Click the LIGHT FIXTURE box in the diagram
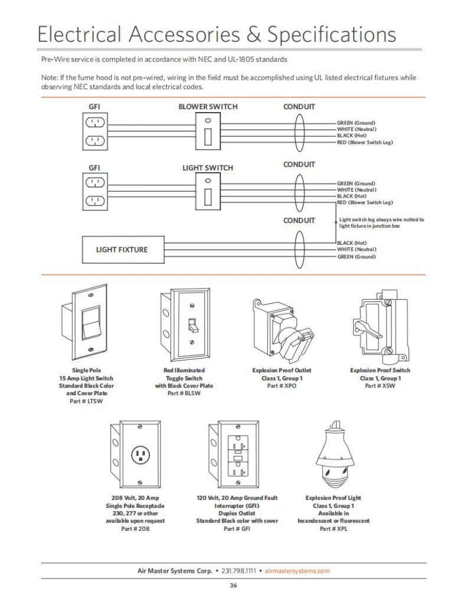122,250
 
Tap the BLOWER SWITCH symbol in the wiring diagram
208,130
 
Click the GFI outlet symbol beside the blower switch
95,132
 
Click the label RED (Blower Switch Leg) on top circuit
365,143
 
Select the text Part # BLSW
183,393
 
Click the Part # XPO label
281,386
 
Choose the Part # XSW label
380,386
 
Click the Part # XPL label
334,529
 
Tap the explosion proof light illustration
334,454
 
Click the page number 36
233,586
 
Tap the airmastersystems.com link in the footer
298,570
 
